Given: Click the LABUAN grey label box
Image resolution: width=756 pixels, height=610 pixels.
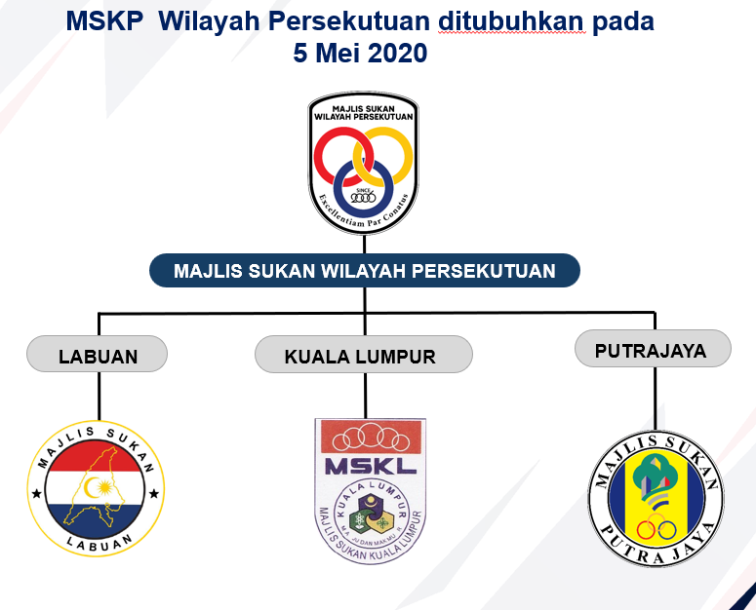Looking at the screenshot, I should coord(98,355).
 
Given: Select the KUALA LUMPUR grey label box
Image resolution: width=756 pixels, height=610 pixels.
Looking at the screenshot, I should coord(363,355).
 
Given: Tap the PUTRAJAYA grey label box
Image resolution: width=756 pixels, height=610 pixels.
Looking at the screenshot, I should coord(651,349).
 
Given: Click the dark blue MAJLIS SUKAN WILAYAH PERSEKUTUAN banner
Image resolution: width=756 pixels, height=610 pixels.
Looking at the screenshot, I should coord(364,270).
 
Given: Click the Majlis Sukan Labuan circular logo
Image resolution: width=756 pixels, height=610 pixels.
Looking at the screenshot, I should coord(98,490).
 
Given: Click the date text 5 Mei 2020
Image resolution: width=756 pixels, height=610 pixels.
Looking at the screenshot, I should coord(360,53).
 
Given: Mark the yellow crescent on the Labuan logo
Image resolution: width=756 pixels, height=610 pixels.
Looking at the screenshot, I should coord(96,485).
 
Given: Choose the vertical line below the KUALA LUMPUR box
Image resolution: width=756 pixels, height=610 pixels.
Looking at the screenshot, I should coord(365,395).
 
